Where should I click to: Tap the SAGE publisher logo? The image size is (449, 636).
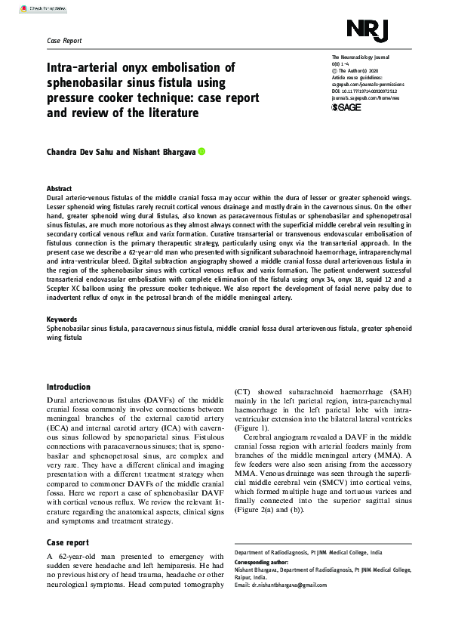[x=346, y=107]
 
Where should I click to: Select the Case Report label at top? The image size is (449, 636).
[x=64, y=40]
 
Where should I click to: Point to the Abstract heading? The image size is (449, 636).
[x=60, y=188]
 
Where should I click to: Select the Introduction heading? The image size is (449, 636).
[x=69, y=387]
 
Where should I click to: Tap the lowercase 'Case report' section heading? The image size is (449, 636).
[x=67, y=543]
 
